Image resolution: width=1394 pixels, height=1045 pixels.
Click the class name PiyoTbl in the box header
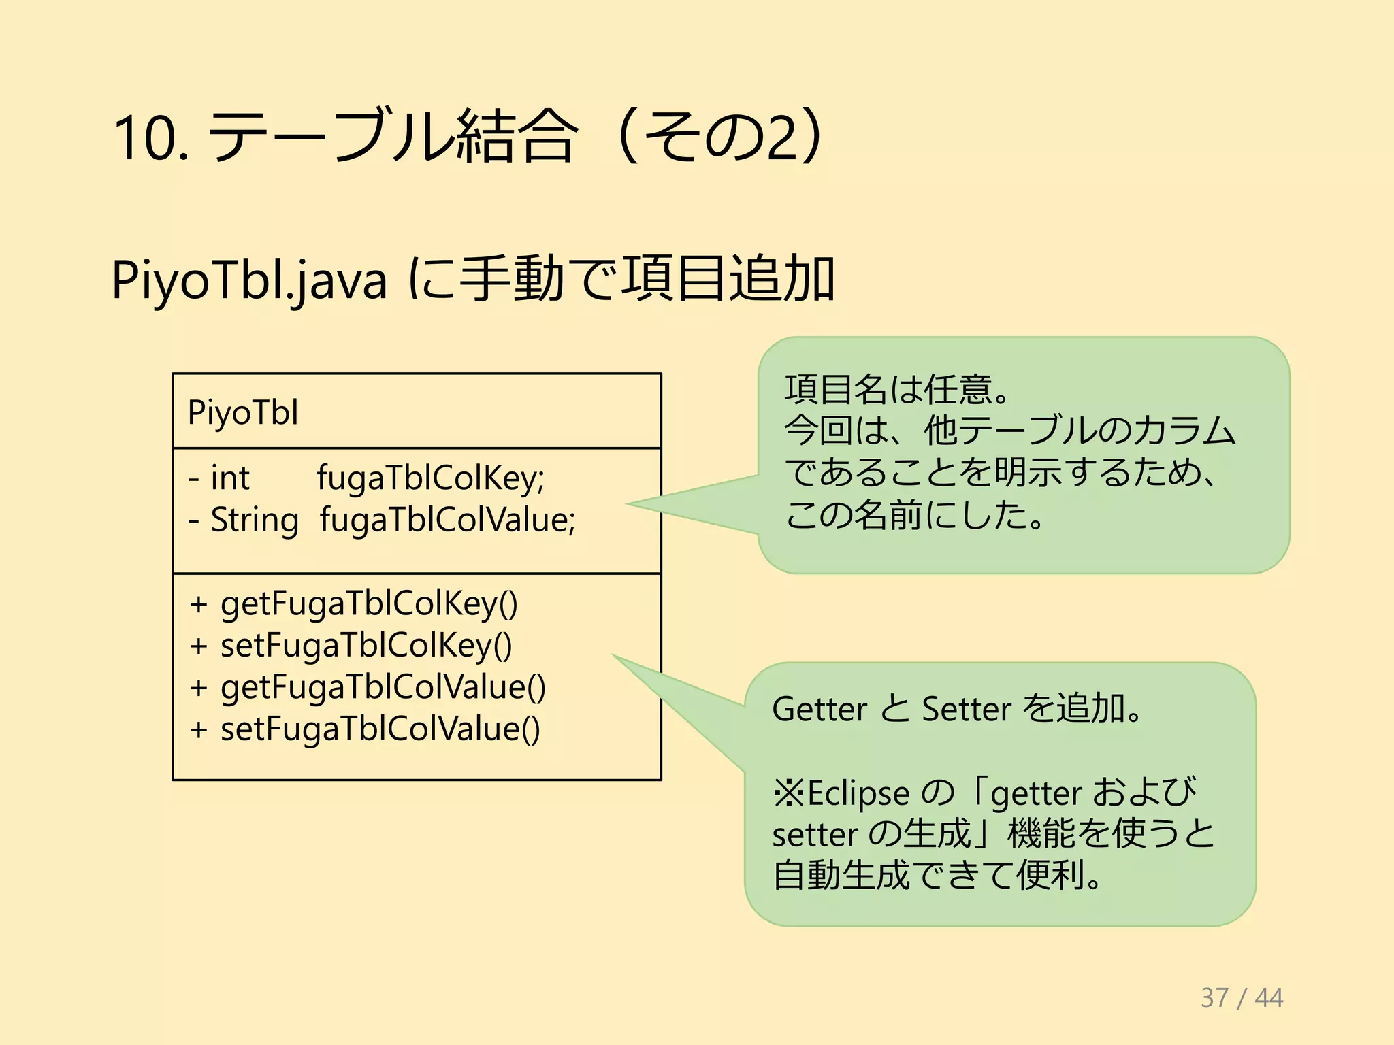pyautogui.click(x=243, y=412)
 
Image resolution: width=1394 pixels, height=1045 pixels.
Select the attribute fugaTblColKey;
pyautogui.click(x=430, y=478)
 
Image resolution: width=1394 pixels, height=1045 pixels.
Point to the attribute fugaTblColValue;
pyautogui.click(x=447, y=520)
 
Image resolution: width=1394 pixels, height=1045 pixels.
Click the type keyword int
pyautogui.click(x=230, y=478)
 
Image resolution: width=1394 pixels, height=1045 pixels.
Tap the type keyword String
pyautogui.click(x=255, y=520)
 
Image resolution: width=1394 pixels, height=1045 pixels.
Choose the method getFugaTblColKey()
pyautogui.click(x=369, y=604)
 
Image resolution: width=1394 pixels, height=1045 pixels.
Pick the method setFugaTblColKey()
pyautogui.click(x=366, y=646)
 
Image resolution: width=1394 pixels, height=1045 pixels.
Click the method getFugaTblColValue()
pyautogui.click(x=383, y=687)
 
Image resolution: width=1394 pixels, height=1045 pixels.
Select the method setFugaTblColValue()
pyautogui.click(x=380, y=729)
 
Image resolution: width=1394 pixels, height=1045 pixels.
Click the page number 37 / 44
pyautogui.click(x=1242, y=997)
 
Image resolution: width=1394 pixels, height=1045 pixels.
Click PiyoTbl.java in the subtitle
pyautogui.click(x=249, y=280)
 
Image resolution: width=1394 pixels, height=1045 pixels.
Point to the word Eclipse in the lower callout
pyautogui.click(x=858, y=793)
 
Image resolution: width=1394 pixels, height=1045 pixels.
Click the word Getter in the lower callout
pyautogui.click(x=820, y=709)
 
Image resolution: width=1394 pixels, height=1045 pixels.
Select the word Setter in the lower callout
pyautogui.click(x=967, y=709)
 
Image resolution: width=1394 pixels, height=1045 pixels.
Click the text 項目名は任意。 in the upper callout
pyautogui.click(x=897, y=389)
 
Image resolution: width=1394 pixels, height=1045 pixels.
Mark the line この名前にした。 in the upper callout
pyautogui.click(x=914, y=515)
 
